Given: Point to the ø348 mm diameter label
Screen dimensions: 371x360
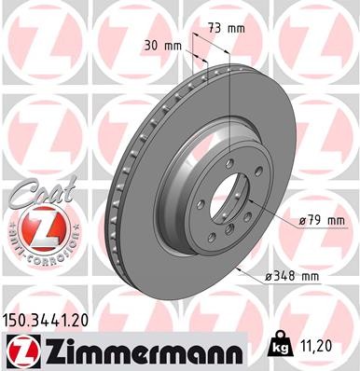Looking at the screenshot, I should (x=294, y=276).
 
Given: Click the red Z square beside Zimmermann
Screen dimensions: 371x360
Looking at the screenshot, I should (x=21, y=350).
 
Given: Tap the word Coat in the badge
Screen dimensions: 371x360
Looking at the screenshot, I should (x=35, y=194).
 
